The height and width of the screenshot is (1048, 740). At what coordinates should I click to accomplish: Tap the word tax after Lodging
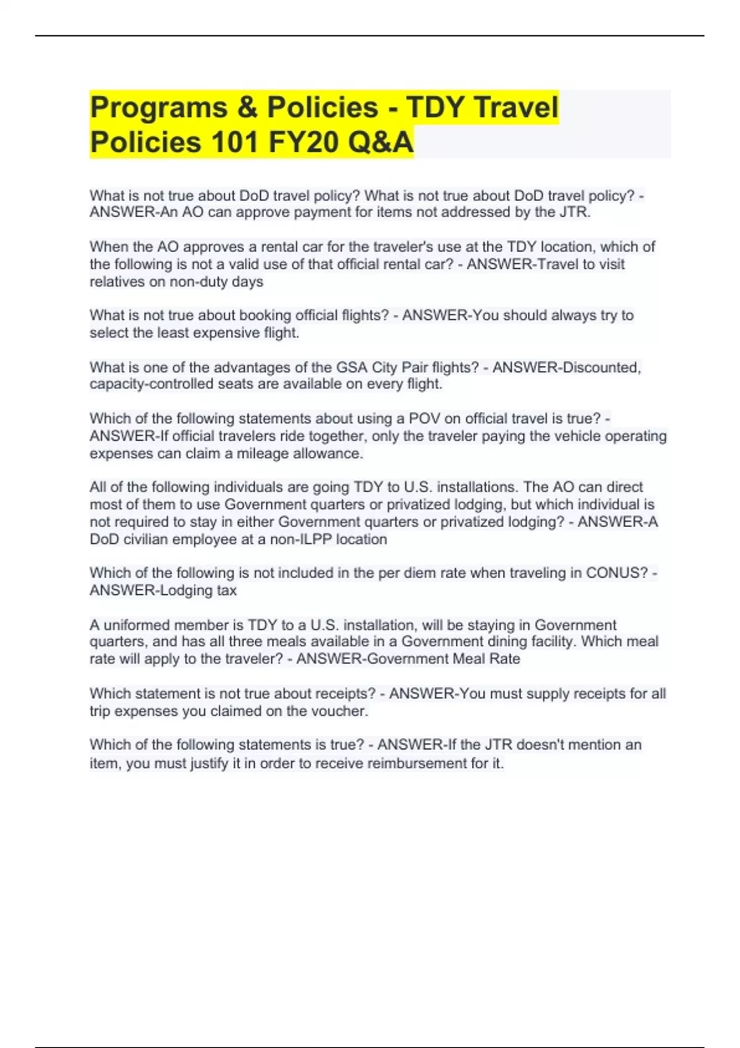[226, 591]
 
